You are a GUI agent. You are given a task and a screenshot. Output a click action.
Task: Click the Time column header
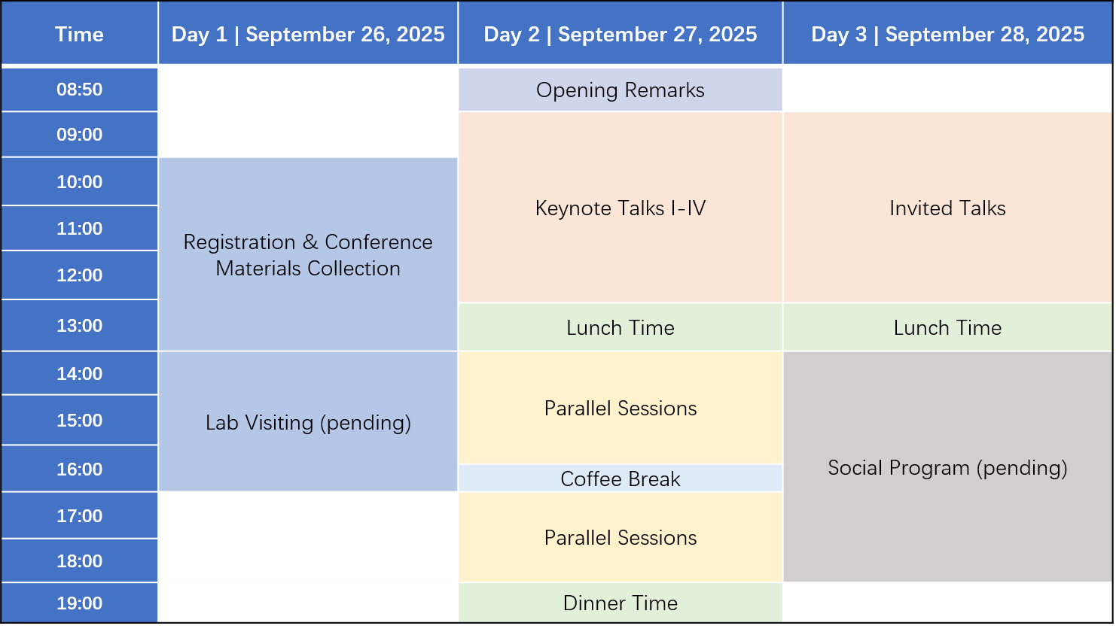[79, 35]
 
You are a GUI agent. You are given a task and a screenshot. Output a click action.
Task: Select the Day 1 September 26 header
[308, 35]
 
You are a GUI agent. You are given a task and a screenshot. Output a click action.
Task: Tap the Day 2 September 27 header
[621, 35]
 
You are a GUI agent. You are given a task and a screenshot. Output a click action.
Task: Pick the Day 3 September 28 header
[947, 35]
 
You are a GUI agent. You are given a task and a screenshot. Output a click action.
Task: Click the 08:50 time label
[79, 90]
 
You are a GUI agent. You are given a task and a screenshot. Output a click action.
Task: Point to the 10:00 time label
[79, 181]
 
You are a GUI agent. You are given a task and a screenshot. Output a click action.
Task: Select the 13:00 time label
[79, 326]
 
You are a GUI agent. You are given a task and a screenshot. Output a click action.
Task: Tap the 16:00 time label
[79, 469]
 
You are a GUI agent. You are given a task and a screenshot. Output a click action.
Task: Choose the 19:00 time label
[79, 603]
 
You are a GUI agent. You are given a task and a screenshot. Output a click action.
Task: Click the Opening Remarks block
[621, 90]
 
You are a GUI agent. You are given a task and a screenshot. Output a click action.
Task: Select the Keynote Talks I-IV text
[621, 208]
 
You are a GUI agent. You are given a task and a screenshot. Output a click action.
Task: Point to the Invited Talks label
[947, 208]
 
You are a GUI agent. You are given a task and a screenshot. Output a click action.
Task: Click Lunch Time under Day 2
[621, 327]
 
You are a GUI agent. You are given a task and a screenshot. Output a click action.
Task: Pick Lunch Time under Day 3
[947, 327]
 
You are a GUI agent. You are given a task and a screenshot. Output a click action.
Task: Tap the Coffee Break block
[621, 479]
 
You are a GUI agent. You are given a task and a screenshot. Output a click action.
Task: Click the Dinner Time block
[621, 603]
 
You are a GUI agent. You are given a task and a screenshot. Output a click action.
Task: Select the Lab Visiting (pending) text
[308, 423]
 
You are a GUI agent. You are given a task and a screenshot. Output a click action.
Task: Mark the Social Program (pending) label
[947, 468]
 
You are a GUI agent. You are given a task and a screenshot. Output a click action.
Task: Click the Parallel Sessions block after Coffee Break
[621, 537]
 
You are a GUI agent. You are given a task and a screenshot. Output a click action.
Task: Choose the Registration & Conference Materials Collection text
[308, 255]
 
